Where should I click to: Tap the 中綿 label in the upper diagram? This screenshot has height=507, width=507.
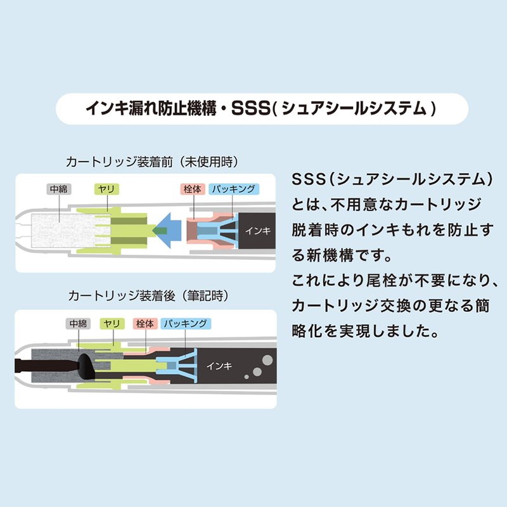[x=59, y=189]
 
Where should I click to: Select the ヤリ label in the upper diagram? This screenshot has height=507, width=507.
[x=106, y=189]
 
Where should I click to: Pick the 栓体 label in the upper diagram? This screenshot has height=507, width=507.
[x=193, y=189]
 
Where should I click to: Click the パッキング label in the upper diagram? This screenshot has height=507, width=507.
[x=234, y=189]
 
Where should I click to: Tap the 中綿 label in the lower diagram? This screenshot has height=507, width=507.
[x=78, y=323]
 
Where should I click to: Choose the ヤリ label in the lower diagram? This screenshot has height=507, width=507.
[x=112, y=323]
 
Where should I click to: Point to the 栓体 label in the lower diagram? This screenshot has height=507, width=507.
[x=145, y=323]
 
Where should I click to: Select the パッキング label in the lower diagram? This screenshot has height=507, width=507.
[x=186, y=323]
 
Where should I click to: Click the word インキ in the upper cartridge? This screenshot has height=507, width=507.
[x=258, y=231]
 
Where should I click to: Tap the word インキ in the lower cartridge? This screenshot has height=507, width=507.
[x=219, y=366]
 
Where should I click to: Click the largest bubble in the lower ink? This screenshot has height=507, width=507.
[x=267, y=359]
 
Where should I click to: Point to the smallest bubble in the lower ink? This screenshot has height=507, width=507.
[x=247, y=376]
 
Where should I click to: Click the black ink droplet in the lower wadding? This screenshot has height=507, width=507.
[x=87, y=366]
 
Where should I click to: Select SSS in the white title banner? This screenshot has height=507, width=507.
[x=250, y=108]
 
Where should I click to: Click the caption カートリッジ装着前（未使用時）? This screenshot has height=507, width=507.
[x=152, y=162]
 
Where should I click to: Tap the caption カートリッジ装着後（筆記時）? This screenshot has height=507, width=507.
[x=149, y=295]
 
